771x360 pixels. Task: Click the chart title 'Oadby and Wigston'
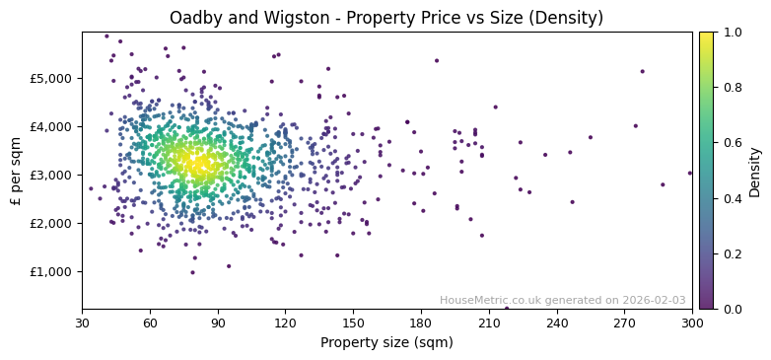385,18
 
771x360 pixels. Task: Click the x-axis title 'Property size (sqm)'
386,343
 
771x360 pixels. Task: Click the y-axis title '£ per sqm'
17,171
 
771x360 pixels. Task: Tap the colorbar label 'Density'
754,171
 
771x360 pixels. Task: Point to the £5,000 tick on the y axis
52,78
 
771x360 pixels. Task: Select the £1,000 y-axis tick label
52,272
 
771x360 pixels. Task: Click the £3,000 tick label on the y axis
52,175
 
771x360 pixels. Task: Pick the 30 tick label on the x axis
82,323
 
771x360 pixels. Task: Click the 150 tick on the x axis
353,323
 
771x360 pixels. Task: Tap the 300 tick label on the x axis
692,323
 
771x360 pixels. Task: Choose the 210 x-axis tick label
489,323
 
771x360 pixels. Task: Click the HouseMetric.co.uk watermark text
562,300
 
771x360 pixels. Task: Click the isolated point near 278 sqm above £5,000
642,71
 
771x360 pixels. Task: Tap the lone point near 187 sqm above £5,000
437,60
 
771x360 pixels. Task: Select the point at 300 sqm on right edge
690,174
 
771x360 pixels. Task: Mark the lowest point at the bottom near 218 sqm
507,308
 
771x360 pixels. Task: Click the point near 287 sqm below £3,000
663,184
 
